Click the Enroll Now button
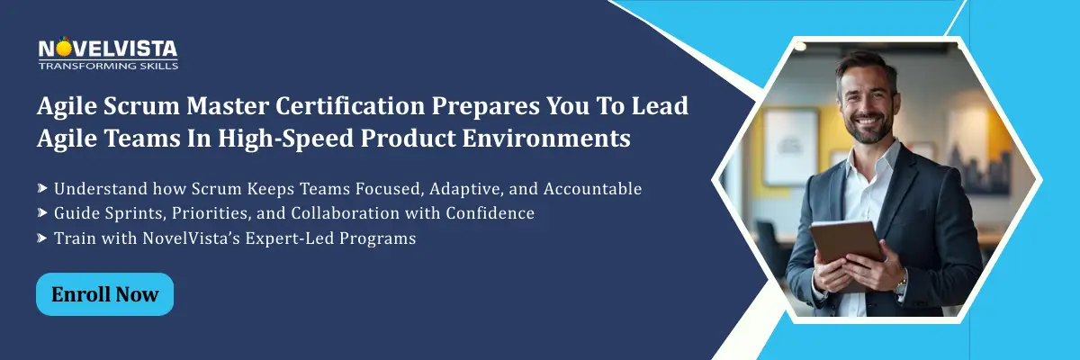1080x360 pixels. coord(104,294)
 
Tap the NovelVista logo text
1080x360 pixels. coord(108,49)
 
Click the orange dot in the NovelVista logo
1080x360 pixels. coord(64,49)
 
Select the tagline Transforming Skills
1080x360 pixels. coord(108,66)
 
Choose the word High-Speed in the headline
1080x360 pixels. coord(286,139)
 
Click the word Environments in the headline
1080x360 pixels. coord(546,139)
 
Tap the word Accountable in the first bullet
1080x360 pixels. coord(592,188)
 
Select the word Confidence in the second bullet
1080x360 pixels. coord(490,213)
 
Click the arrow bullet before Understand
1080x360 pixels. coord(42,188)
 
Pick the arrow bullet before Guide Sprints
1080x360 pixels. coord(42,212)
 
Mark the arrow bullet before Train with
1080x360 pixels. coord(42,238)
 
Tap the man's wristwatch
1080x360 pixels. coord(901,286)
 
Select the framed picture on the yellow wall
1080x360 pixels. coord(791,146)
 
